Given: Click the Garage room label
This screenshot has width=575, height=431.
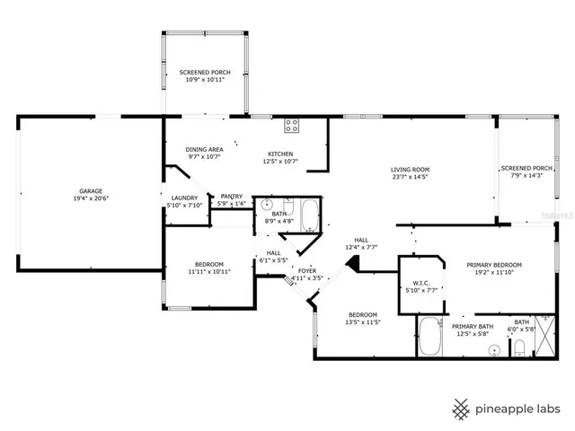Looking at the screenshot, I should [x=89, y=191].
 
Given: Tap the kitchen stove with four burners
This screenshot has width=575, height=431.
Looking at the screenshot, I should [x=292, y=126].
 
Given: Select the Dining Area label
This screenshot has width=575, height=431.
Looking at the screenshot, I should [x=204, y=149].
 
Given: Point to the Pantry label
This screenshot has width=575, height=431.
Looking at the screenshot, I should [x=231, y=198].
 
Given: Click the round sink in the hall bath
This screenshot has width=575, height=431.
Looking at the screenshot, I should [x=268, y=205].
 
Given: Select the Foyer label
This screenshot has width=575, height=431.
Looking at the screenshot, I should [x=307, y=270].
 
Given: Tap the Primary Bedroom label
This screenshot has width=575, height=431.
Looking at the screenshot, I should [x=493, y=265].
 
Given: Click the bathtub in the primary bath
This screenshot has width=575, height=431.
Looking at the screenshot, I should [x=429, y=337].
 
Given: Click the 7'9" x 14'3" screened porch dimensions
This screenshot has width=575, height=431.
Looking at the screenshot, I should [x=526, y=176].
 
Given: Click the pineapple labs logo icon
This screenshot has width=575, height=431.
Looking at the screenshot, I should [x=461, y=409].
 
